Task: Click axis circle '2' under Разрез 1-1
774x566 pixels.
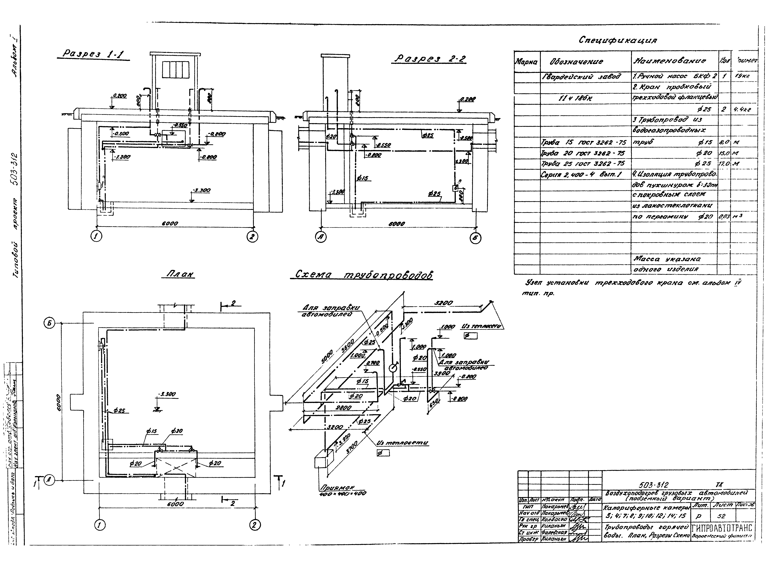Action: coord(253,237)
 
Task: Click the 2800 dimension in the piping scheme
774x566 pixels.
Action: coord(343,408)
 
